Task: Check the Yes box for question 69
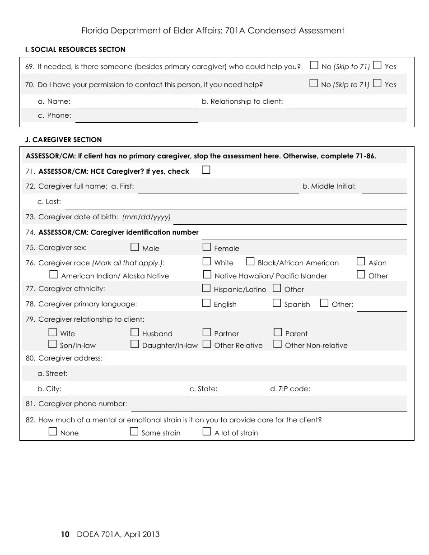(x=378, y=65)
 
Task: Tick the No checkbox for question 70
(x=314, y=83)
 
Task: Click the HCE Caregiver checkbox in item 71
(x=206, y=170)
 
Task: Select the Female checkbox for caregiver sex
(x=207, y=247)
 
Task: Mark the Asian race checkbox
(x=361, y=261)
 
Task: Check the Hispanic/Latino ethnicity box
(x=207, y=288)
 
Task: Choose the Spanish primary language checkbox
(x=277, y=303)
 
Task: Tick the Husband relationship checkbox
(x=135, y=333)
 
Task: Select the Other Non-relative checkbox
(x=278, y=344)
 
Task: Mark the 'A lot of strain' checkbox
(x=207, y=431)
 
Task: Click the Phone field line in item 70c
(x=137, y=118)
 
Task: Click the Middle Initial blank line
(x=384, y=190)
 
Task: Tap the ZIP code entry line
(x=359, y=392)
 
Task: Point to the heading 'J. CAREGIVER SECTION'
(x=64, y=140)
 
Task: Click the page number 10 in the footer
(x=65, y=535)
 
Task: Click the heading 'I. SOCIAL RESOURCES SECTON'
(x=75, y=50)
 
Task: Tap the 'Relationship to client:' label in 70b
(x=242, y=102)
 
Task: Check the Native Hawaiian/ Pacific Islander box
(x=207, y=274)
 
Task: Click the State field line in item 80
(x=245, y=392)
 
